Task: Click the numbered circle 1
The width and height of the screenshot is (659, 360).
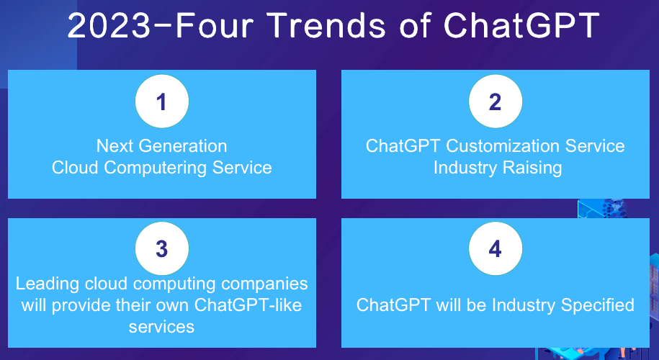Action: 162,102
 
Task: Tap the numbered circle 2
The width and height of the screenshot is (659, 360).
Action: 496,102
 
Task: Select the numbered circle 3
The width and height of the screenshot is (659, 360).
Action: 162,248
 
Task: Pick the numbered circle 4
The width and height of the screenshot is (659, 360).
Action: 496,248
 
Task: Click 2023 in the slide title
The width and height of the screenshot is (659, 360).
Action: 109,26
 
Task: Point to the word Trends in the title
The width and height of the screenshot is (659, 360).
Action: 326,26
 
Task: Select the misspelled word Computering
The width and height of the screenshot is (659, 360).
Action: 156,168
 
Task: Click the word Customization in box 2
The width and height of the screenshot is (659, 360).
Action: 503,146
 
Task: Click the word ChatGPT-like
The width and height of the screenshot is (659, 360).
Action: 248,305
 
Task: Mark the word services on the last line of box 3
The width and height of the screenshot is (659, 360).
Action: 161,327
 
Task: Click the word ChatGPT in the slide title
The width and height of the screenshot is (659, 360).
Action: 521,26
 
